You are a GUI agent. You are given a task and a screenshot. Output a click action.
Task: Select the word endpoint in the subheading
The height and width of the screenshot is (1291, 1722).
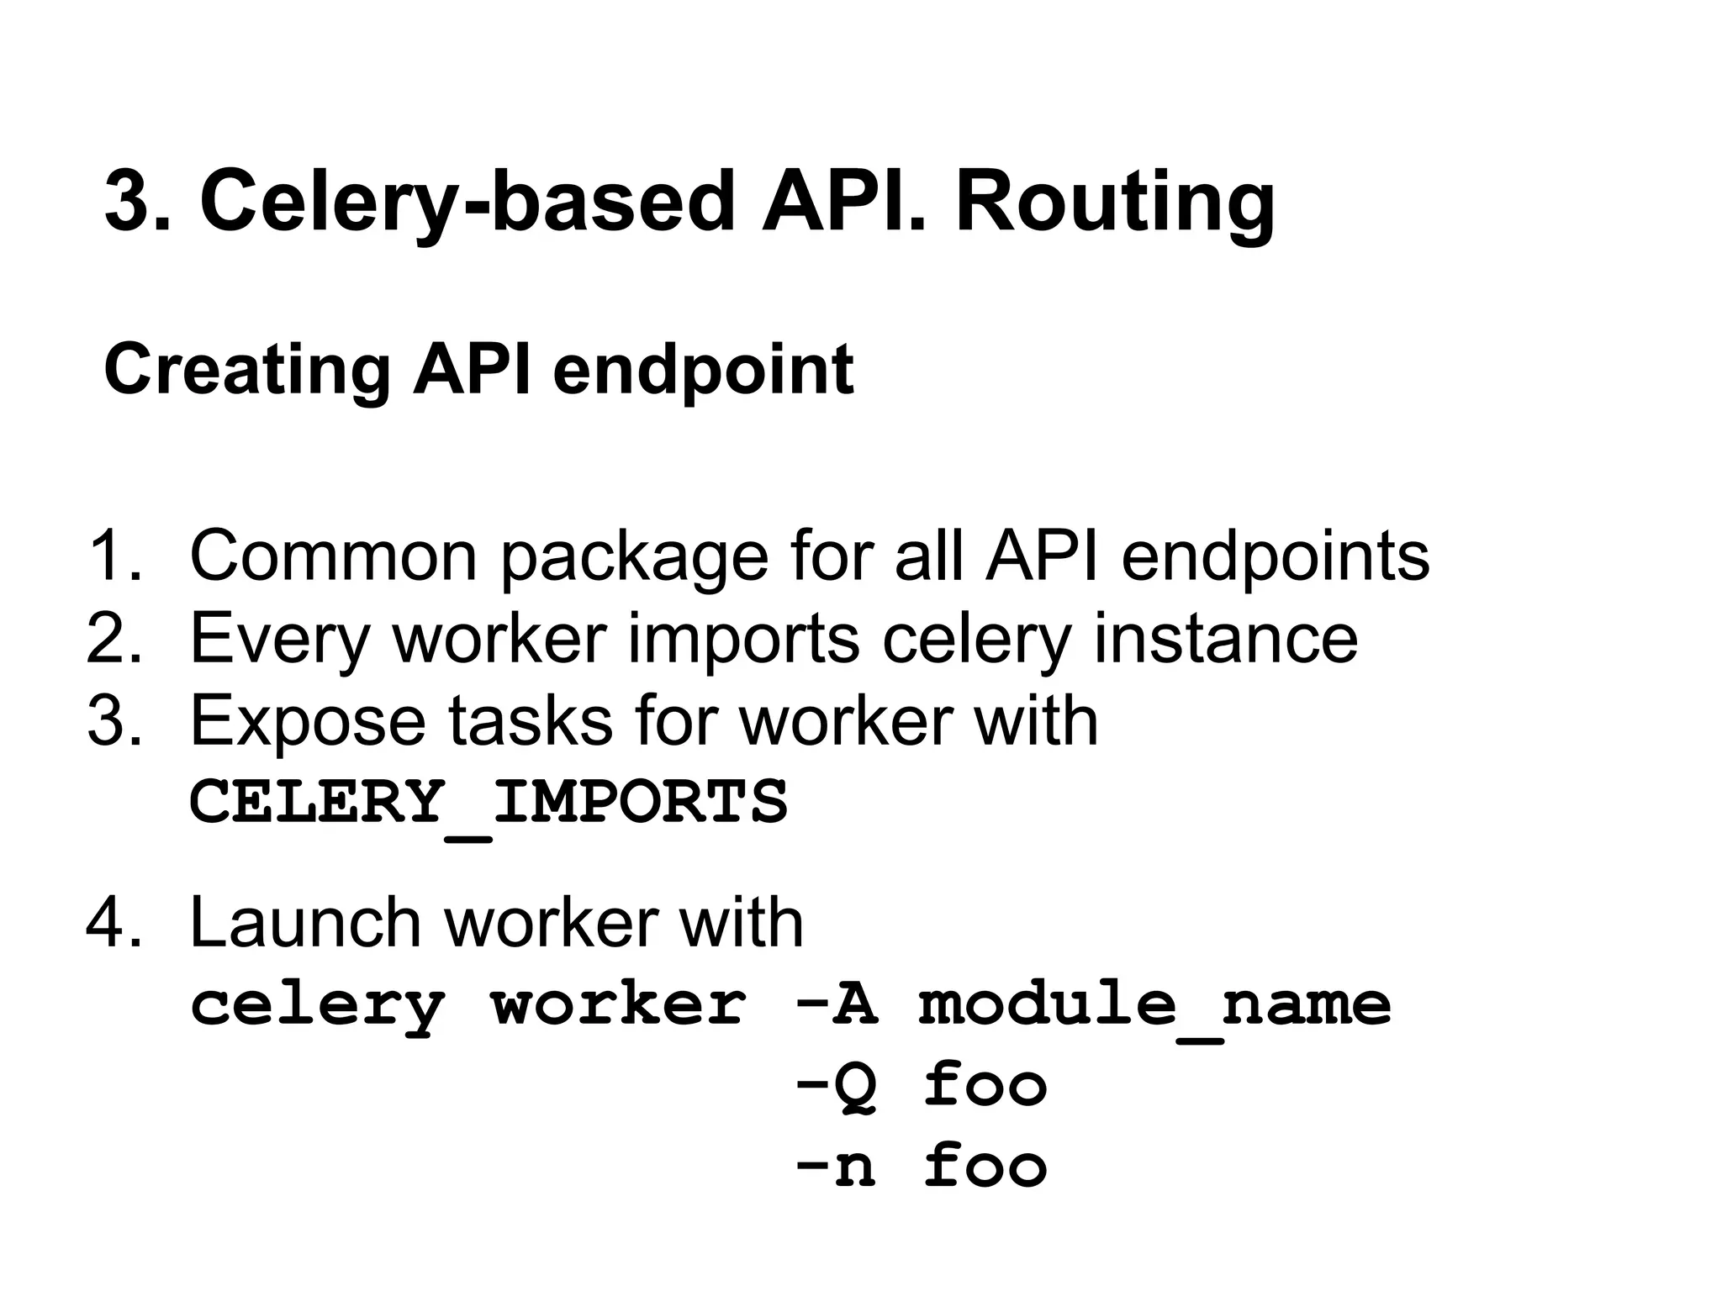[x=703, y=370]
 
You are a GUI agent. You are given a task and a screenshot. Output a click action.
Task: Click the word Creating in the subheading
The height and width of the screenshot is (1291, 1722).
[x=247, y=370]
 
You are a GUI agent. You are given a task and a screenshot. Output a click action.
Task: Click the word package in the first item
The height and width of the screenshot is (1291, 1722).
[x=634, y=556]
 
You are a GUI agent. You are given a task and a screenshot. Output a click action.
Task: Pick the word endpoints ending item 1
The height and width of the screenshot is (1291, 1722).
[x=1275, y=556]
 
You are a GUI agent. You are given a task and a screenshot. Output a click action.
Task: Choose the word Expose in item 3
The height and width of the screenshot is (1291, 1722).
[x=308, y=721]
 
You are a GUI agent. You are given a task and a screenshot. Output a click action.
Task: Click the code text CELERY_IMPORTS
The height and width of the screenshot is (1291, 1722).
[x=489, y=801]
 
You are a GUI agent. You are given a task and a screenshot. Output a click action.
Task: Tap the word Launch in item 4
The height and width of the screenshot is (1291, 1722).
[x=304, y=922]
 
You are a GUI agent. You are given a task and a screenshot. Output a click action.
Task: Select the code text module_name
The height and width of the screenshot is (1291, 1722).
[x=1154, y=1004]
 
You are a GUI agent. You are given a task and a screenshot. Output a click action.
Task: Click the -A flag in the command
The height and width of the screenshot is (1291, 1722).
[x=837, y=1004]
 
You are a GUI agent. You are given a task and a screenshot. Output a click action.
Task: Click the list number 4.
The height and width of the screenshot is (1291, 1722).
[x=114, y=922]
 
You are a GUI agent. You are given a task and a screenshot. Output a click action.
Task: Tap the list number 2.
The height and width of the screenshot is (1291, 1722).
[x=114, y=639]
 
